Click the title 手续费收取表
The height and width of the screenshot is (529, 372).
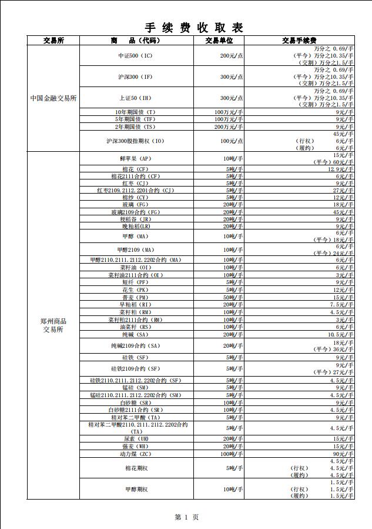pos(194,27)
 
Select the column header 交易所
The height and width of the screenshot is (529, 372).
pos(53,41)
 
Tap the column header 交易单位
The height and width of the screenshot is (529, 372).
pos(219,41)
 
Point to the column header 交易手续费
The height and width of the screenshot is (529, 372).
pos(299,41)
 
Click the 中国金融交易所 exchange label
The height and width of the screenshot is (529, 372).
pos(53,98)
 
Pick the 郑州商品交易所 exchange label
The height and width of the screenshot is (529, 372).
pos(53,325)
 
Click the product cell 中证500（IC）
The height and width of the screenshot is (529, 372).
pos(135,55)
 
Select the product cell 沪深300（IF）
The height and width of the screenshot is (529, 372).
pos(135,76)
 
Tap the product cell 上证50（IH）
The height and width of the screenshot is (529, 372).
pos(135,98)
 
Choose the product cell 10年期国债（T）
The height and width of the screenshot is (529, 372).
pos(135,112)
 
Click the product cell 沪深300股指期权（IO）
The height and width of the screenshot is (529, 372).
pos(135,141)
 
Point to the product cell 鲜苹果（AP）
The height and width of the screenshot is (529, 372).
pos(135,159)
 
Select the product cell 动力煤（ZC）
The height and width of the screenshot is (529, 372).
pos(135,454)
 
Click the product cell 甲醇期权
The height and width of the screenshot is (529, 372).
pos(136,489)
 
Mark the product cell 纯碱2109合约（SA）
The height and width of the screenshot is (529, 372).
pos(135,345)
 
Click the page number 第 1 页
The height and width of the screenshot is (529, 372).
pos(187,517)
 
